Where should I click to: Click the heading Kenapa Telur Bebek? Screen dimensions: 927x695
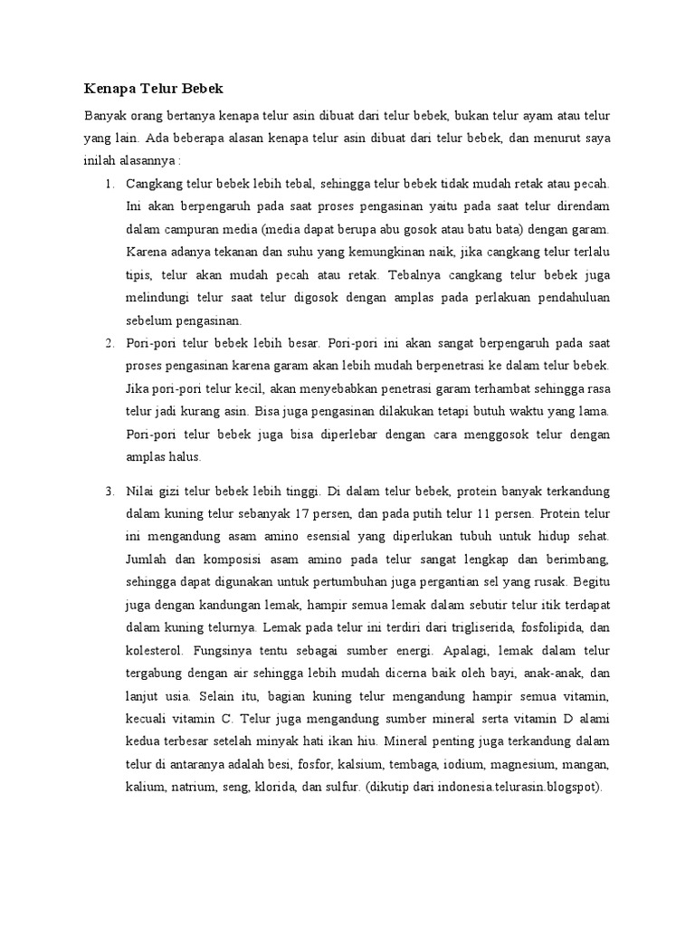pyautogui.click(x=153, y=89)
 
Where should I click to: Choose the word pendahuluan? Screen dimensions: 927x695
pyautogui.click(x=568, y=298)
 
